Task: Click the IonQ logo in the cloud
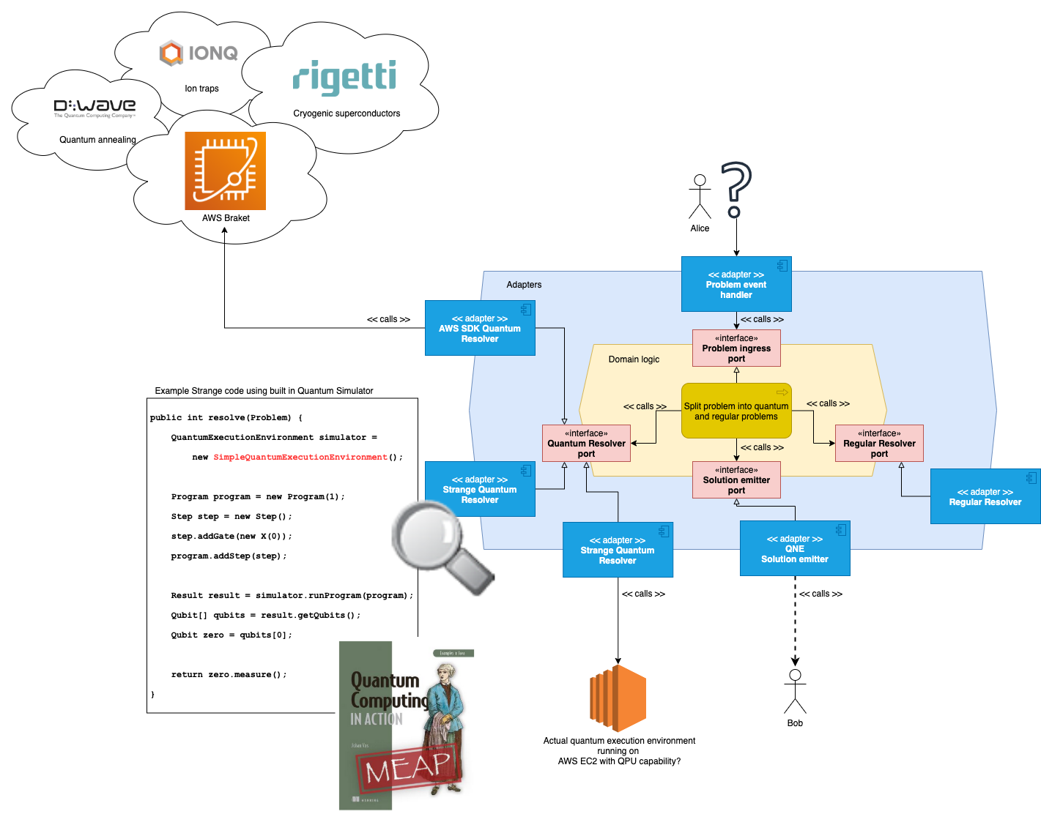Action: coord(199,53)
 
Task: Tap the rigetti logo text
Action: coord(344,77)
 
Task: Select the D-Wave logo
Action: coord(95,108)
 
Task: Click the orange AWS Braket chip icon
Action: coord(225,171)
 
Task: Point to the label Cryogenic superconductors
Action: coord(347,113)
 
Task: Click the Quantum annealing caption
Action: coord(97,140)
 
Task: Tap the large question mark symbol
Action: coord(736,189)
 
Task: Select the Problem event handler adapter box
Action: coord(736,284)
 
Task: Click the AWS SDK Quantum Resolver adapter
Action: coord(480,328)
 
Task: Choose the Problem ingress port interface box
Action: coord(736,348)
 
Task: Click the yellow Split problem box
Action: coord(736,411)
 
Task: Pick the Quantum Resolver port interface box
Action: coord(586,444)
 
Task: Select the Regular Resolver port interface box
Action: coord(879,444)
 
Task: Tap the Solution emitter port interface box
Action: coord(736,480)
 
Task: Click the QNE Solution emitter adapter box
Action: coord(794,549)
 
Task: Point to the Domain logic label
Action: coord(634,359)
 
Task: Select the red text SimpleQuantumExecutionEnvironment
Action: coord(300,457)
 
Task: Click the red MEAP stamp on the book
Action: coord(409,766)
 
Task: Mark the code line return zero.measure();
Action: coord(229,674)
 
